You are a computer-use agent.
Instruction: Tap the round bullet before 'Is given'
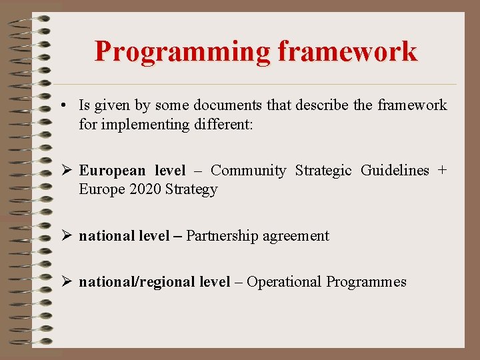point(61,106)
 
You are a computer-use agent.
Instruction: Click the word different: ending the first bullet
point(221,124)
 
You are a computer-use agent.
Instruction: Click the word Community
point(248,171)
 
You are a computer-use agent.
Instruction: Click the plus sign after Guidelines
point(441,171)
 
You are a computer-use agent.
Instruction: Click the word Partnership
point(222,236)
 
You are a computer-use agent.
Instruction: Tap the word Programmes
point(366,282)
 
